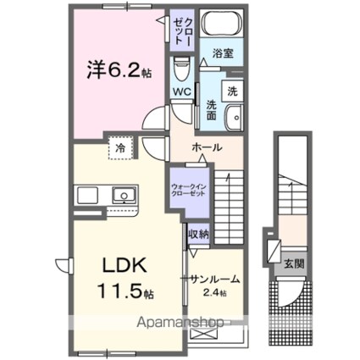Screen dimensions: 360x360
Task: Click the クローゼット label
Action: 186,31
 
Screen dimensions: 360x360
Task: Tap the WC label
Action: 183,92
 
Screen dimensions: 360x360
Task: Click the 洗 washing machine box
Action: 230,91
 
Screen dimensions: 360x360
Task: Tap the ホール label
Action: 208,147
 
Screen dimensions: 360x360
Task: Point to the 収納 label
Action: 199,232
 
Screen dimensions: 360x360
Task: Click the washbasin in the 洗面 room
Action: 235,116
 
